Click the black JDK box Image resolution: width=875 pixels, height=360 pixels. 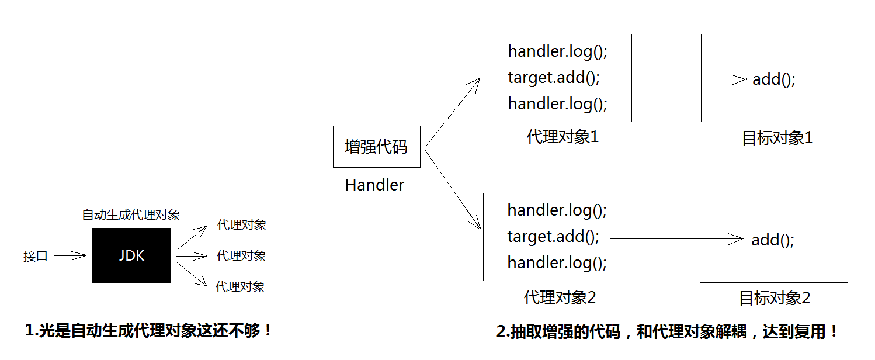click(131, 255)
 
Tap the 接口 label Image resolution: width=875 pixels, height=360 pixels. click(36, 257)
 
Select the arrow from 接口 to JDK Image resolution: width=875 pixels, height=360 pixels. click(70, 256)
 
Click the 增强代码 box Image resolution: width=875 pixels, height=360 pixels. click(377, 147)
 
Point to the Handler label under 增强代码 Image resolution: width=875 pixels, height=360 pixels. click(374, 185)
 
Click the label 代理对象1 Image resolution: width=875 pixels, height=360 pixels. click(562, 137)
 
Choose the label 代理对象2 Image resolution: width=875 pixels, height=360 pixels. click(560, 297)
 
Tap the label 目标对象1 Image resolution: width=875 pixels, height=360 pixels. click(777, 138)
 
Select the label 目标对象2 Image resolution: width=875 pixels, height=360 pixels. click(775, 298)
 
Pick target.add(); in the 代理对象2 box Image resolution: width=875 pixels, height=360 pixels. click(553, 237)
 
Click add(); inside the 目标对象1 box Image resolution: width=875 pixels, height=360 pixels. click(774, 79)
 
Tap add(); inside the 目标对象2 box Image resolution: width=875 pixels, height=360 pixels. click(773, 240)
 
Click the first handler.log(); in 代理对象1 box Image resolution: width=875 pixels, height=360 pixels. click(557, 51)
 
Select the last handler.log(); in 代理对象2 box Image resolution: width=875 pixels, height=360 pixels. click(557, 263)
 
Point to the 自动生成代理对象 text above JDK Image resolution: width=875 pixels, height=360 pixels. click(131, 214)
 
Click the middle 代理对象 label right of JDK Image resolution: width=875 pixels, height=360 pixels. click(241, 256)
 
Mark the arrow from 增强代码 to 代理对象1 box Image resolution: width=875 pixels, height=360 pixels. click(453, 112)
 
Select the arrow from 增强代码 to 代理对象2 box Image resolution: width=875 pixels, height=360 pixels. click(453, 189)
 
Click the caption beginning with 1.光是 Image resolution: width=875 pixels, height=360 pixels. click(148, 331)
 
